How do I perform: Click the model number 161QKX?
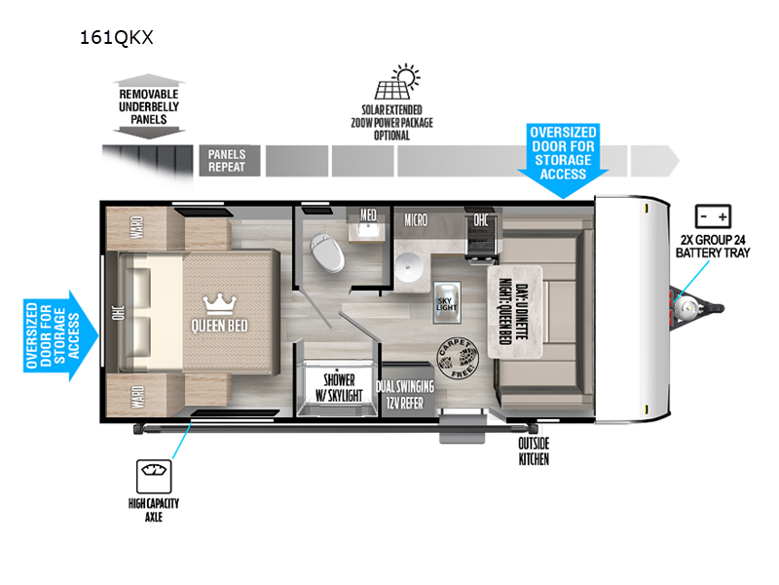coord(118,38)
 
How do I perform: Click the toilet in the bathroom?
coord(327,254)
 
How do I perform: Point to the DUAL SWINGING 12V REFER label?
coord(409,393)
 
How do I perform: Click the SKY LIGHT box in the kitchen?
coord(445,303)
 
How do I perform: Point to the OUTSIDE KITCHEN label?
coord(533,450)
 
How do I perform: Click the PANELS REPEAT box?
coord(227,160)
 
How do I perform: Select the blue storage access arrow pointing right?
coord(59,330)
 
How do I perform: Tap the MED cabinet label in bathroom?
coord(369,215)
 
